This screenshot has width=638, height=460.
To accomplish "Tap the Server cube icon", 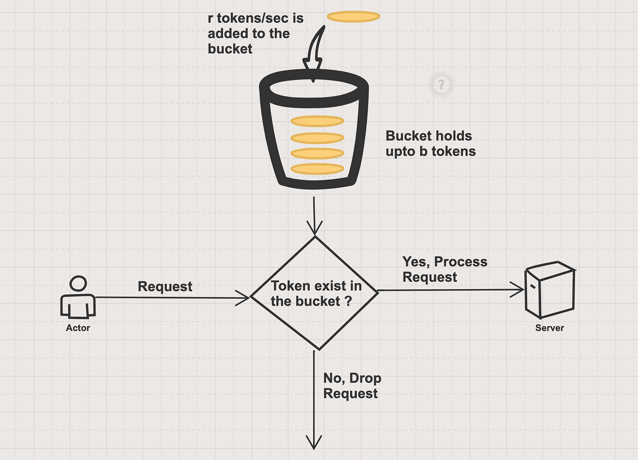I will [x=550, y=290].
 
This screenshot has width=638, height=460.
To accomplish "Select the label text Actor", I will [x=78, y=328].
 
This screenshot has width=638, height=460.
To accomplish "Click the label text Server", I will [x=550, y=328].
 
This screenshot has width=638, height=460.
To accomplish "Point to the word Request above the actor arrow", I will [x=165, y=286].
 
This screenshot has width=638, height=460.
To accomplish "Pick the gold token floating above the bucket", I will [x=353, y=17].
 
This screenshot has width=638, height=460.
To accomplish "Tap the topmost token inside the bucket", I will [x=317, y=121].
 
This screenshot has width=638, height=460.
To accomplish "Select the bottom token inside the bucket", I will [x=317, y=169].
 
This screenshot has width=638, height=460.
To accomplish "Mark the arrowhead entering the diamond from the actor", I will [x=244, y=298].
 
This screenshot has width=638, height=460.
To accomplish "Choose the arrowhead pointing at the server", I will [x=519, y=290].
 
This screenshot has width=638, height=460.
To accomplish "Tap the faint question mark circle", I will [x=441, y=85].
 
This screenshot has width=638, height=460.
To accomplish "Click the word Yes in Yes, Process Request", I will [x=414, y=262].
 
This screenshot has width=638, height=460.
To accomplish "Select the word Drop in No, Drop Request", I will [x=365, y=378].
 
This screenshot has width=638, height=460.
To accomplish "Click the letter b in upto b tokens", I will [x=423, y=152].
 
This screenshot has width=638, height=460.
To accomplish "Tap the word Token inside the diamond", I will [x=290, y=286].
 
